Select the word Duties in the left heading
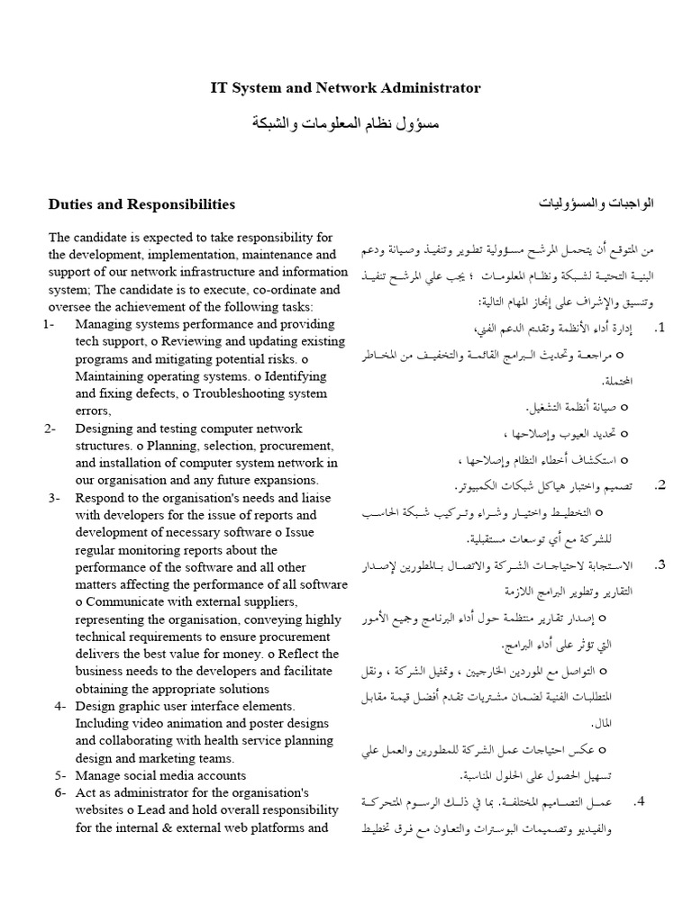tap(70, 204)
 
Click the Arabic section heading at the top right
tap(596, 203)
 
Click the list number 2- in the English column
tap(50, 428)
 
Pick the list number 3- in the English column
tap(54, 497)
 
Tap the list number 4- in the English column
tap(59, 706)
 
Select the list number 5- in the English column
tap(59, 774)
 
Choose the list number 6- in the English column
tap(59, 791)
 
